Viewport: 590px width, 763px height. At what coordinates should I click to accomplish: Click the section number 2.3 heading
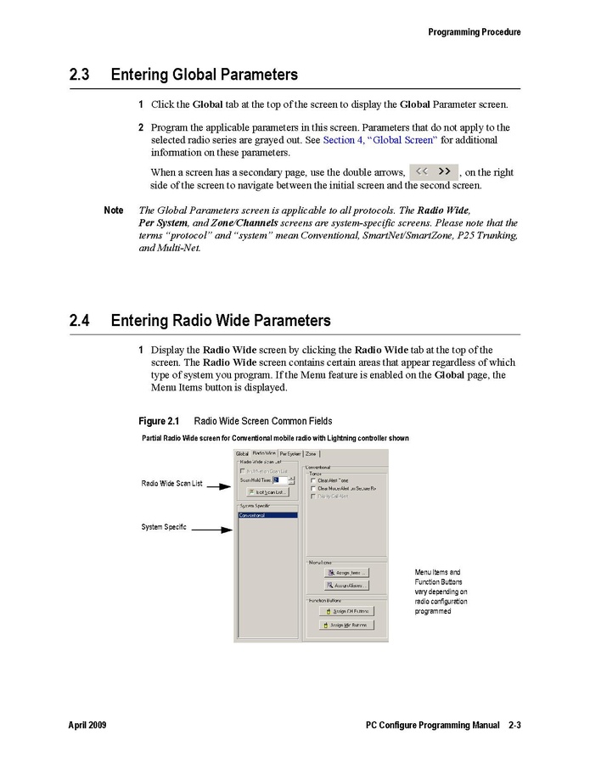pos(80,75)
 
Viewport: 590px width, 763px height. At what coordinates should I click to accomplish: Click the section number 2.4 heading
pos(80,321)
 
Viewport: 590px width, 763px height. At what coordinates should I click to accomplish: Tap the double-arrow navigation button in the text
pos(433,171)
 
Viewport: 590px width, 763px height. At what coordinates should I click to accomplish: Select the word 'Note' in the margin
pos(113,210)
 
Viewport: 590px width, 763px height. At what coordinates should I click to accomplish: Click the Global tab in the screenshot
pos(243,454)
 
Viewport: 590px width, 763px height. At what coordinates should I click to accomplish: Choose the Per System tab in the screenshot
pos(289,454)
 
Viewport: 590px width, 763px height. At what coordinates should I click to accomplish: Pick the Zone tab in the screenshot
pos(312,454)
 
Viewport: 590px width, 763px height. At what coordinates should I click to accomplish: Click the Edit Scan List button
pos(268,491)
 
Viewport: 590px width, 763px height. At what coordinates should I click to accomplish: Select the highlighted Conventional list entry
pos(267,515)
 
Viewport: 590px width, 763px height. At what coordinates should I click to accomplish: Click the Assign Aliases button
pos(346,586)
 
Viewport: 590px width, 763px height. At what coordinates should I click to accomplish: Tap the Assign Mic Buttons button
pos(346,625)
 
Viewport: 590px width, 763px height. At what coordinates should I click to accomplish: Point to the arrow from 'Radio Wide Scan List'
pos(219,486)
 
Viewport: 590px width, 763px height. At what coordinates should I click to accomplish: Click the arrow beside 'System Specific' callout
pos(212,529)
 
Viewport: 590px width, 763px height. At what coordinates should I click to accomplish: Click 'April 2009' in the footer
pos(87,726)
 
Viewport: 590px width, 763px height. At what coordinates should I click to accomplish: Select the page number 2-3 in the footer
pos(514,726)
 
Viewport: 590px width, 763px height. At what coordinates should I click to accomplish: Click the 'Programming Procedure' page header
pos(474,32)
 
